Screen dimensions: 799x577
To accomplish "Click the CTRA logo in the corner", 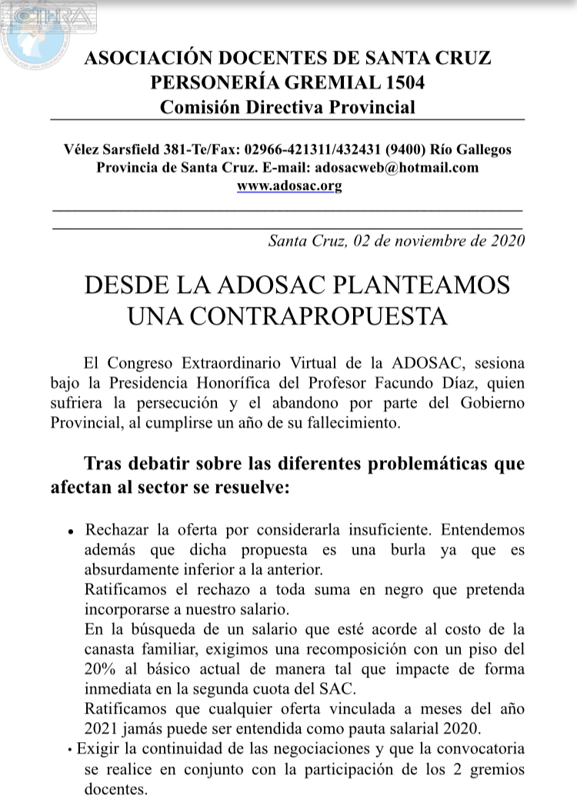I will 48,30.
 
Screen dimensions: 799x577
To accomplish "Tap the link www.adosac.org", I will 289,185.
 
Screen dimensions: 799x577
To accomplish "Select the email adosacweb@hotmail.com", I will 392,168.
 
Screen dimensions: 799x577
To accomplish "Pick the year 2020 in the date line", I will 508,240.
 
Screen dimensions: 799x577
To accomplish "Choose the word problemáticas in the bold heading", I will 431,464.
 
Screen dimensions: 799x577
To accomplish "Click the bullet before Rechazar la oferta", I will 70,531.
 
